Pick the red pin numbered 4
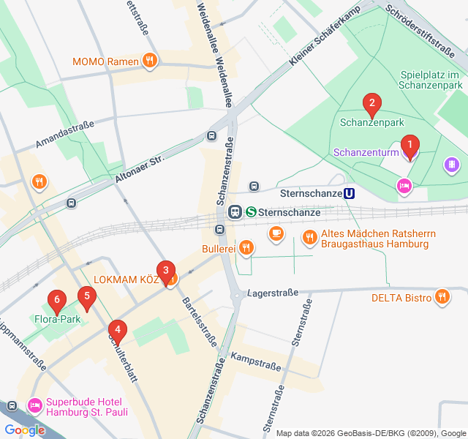(117, 330)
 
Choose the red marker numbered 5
(87, 297)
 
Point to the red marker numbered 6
(56, 300)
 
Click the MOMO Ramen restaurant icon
(150, 61)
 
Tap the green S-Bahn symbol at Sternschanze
(251, 212)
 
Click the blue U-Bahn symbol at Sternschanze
(350, 194)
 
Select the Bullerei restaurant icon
(246, 248)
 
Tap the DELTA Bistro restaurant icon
(442, 297)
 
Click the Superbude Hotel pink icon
(34, 405)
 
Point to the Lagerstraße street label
(273, 293)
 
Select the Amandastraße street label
(64, 136)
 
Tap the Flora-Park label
(56, 319)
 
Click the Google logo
(24, 430)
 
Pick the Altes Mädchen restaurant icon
(310, 236)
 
